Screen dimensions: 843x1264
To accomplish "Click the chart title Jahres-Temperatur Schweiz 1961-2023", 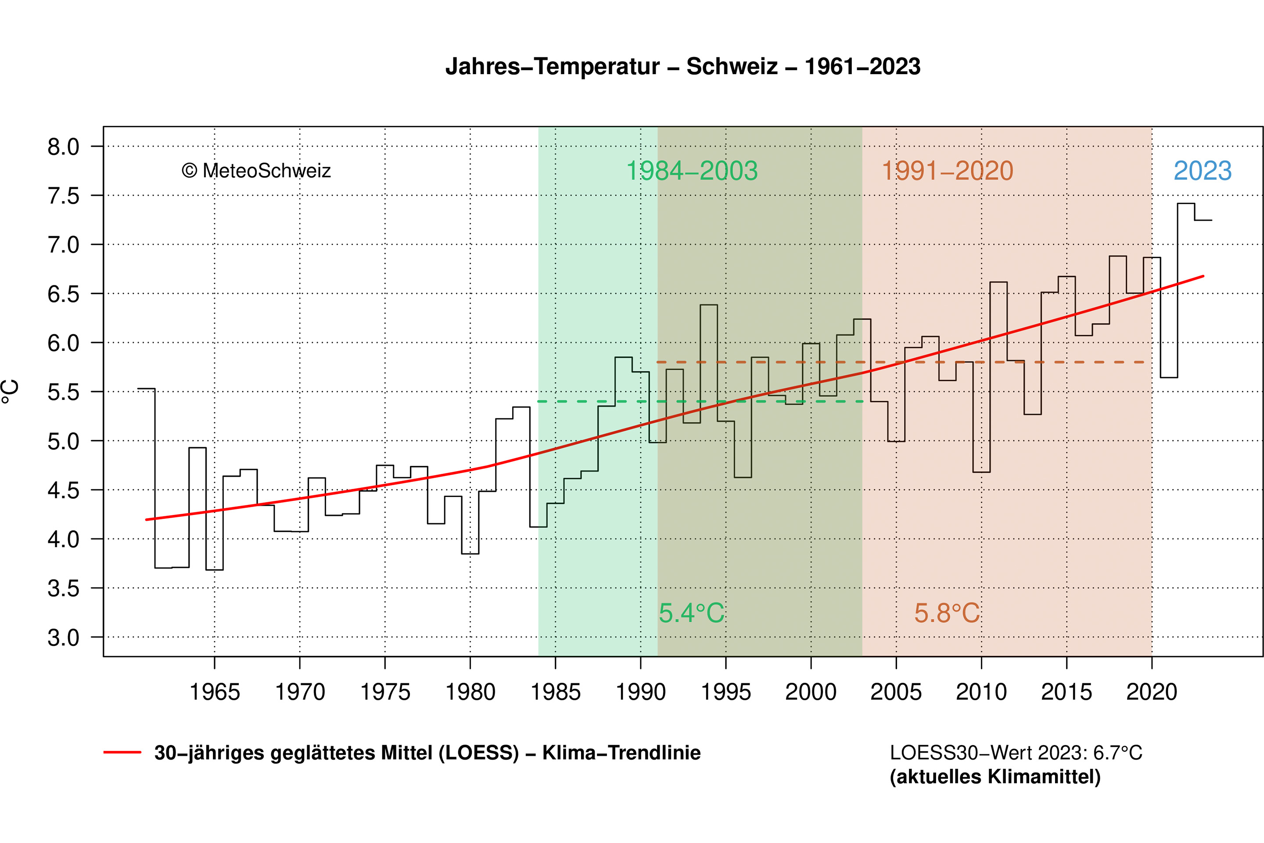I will point(682,67).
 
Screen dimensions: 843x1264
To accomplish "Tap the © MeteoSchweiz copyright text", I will point(256,171).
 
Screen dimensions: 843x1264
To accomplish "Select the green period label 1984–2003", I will point(692,171).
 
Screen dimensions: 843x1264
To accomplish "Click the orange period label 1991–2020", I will point(948,171).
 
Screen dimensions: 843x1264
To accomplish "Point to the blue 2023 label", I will point(1202,171).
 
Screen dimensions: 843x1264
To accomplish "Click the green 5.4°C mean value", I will point(692,613).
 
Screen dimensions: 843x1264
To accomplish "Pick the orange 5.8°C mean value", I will point(947,613).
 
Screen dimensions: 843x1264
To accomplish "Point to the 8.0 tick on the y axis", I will point(63,147).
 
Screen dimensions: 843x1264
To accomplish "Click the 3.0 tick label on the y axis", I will point(63,638).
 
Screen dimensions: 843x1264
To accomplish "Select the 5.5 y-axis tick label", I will point(63,393).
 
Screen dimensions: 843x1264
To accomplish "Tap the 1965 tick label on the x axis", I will point(215,692).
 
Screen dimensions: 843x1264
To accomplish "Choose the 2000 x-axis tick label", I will point(811,692).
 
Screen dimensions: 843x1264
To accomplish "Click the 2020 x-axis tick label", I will point(1151,692).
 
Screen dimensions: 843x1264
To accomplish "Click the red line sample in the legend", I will point(122,753).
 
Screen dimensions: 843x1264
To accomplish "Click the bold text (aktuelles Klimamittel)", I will point(995,777).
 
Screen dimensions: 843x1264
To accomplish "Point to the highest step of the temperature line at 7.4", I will point(1185,204).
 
